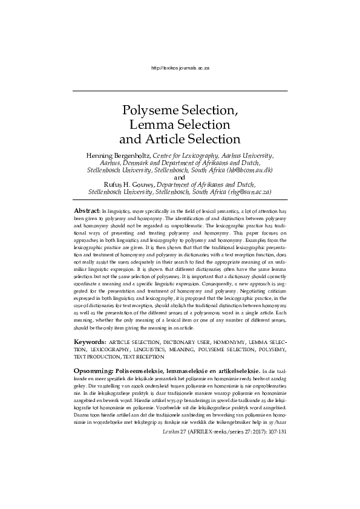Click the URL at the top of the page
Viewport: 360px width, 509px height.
pyautogui.click(x=180, y=69)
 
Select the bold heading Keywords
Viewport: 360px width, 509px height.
pyautogui.click(x=90, y=342)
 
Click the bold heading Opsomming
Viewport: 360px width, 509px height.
pyautogui.click(x=93, y=370)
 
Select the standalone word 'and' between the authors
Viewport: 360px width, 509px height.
pyautogui.click(x=180, y=178)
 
